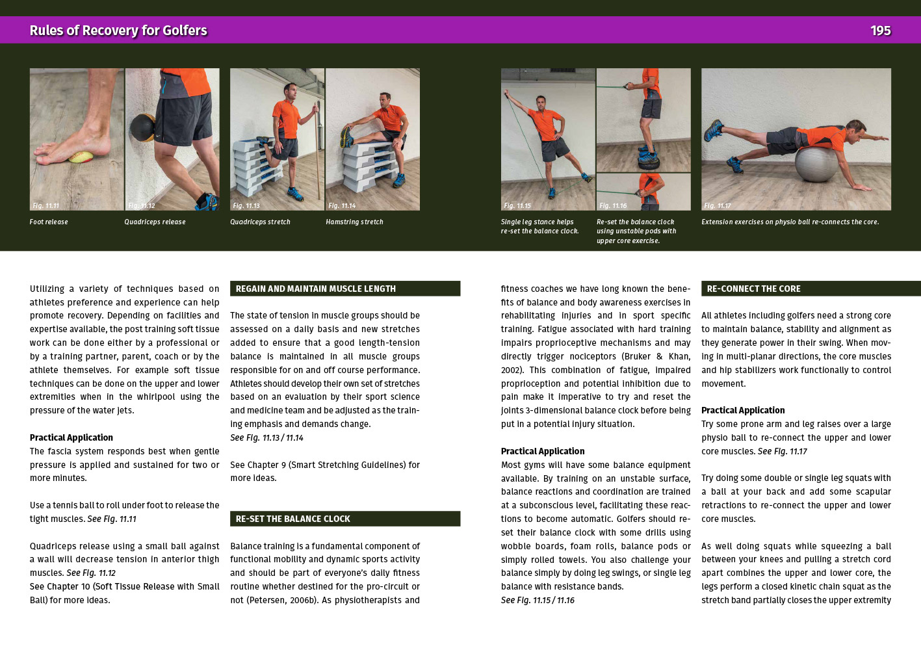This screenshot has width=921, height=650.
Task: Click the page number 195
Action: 880,31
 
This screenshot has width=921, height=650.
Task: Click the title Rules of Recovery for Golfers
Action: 118,31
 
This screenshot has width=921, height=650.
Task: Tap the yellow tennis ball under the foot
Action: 81,157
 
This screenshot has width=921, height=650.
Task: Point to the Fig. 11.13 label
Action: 246,205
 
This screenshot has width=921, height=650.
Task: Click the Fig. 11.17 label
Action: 718,205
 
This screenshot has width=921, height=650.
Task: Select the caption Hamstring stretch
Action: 354,222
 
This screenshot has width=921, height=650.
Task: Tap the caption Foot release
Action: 49,222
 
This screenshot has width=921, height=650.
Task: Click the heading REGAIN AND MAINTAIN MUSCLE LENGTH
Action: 315,289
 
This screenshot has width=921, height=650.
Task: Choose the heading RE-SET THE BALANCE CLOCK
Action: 292,519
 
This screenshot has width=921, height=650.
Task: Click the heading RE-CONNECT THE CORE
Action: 754,289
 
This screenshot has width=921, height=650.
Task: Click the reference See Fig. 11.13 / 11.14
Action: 266,438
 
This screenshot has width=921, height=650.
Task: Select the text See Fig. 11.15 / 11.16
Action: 538,600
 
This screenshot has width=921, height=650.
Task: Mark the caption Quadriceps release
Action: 155,222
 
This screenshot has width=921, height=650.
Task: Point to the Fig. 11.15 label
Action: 517,205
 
